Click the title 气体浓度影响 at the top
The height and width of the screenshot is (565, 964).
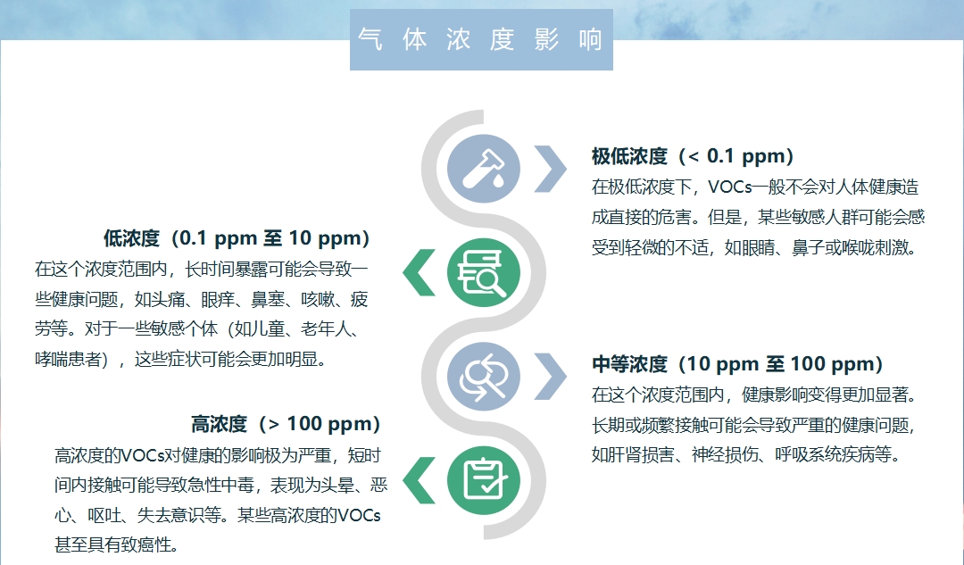(481, 40)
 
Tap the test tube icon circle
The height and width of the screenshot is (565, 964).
(483, 169)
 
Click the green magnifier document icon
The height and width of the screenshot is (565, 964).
(483, 272)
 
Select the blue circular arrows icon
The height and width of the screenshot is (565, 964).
(483, 377)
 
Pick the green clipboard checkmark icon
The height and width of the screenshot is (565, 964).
(483, 480)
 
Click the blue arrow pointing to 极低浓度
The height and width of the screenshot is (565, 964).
(551, 169)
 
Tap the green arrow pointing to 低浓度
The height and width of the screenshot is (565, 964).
(420, 272)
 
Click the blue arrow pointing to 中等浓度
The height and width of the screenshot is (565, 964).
(551, 377)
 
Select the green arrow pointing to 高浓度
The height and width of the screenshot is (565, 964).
(420, 480)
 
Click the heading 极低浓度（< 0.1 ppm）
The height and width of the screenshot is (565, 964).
(693, 156)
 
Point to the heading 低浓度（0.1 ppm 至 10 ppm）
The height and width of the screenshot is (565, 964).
(237, 238)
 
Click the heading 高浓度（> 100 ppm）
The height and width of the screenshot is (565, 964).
(286, 424)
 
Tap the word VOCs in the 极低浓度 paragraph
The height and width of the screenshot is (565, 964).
(730, 187)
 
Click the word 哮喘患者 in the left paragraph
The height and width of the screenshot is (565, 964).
(68, 359)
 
